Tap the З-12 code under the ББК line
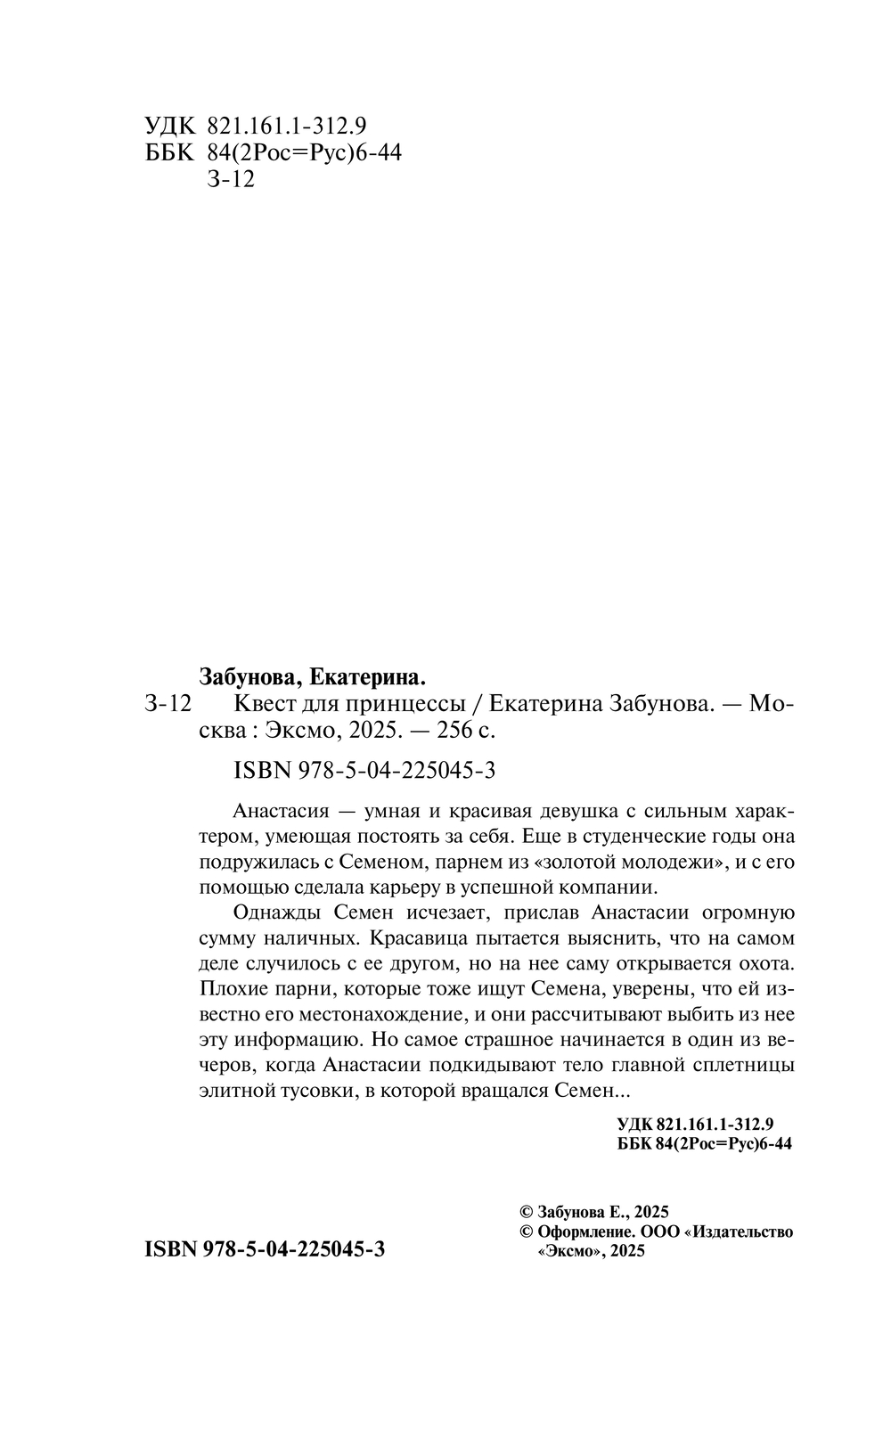pos(230,180)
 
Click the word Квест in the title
pos(265,704)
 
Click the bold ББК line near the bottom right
pos(704,1145)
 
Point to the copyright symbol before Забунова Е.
pos(527,1212)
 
